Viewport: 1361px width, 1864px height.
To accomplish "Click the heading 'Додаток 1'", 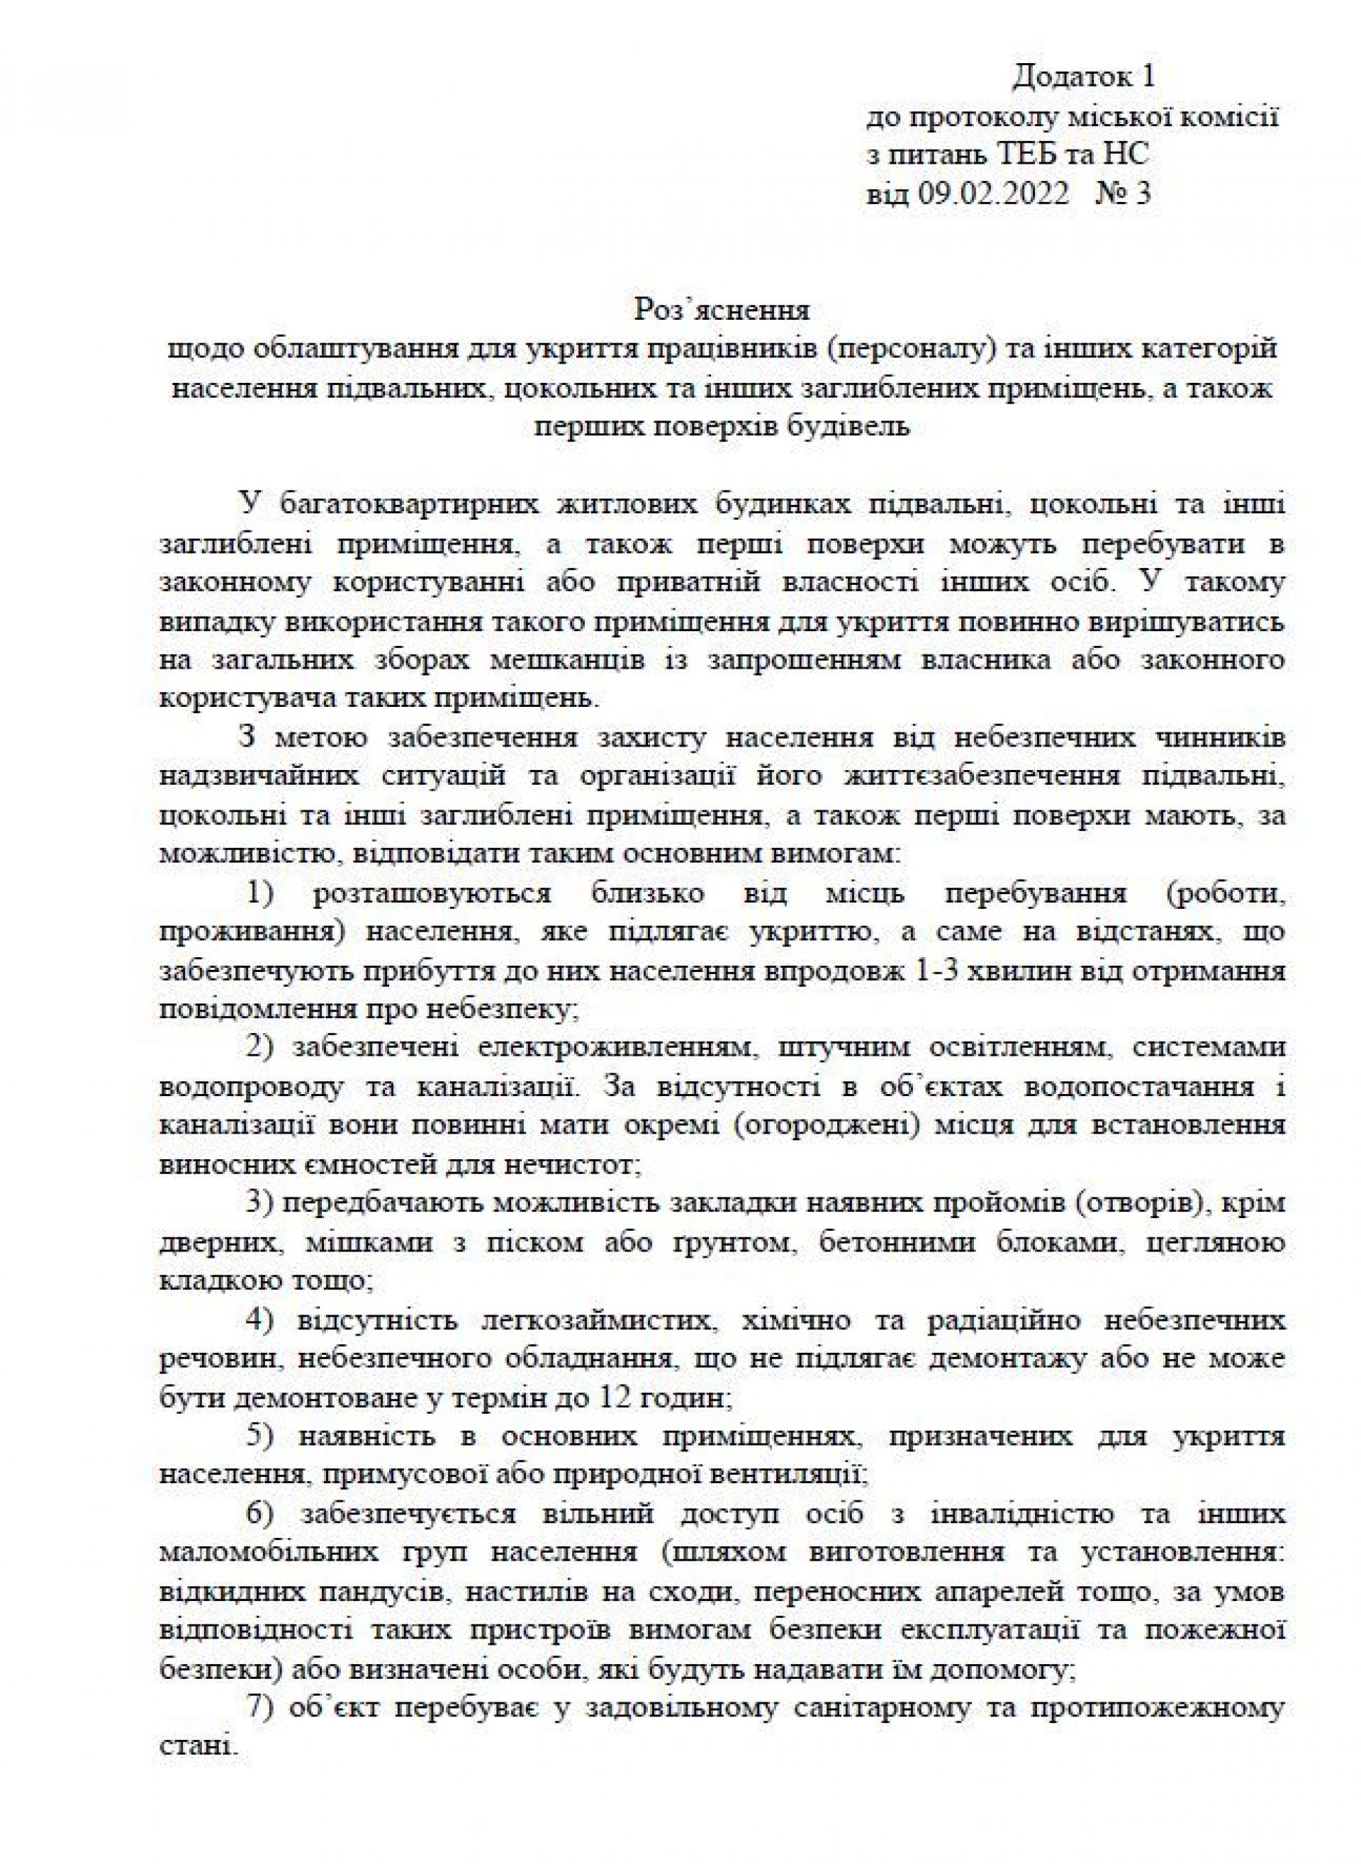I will click(1083, 77).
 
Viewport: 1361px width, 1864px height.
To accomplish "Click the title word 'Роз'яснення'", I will click(722, 311).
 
